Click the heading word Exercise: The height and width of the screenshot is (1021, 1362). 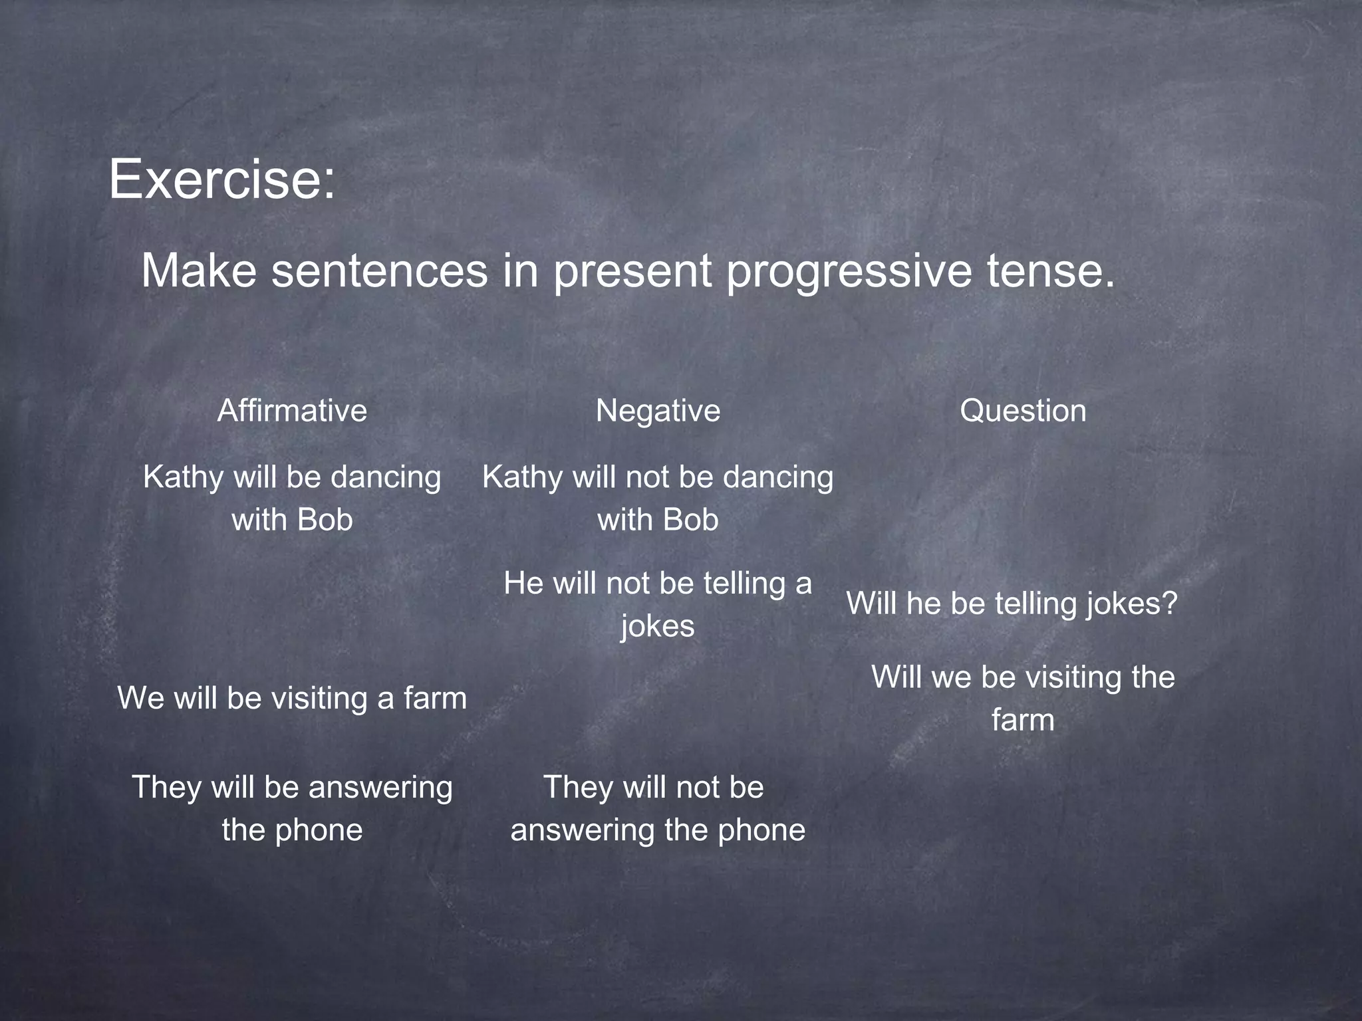click(x=222, y=179)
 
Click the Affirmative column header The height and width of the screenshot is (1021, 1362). click(x=292, y=411)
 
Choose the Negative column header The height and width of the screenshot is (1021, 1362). click(x=658, y=411)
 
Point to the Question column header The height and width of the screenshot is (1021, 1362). click(x=1023, y=411)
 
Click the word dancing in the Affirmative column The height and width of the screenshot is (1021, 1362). click(x=386, y=478)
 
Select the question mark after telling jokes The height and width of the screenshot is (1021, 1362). click(x=1170, y=604)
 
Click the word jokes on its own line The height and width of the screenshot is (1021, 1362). click(x=658, y=627)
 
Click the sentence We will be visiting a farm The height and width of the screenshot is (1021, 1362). click(x=292, y=699)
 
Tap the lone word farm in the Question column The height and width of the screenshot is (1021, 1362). click(x=1023, y=721)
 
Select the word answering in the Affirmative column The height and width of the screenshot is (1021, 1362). click(x=380, y=788)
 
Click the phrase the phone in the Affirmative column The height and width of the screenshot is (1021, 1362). click(x=292, y=830)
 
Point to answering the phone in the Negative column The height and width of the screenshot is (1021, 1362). click(x=658, y=830)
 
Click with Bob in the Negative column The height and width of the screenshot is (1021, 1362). click(x=658, y=520)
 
